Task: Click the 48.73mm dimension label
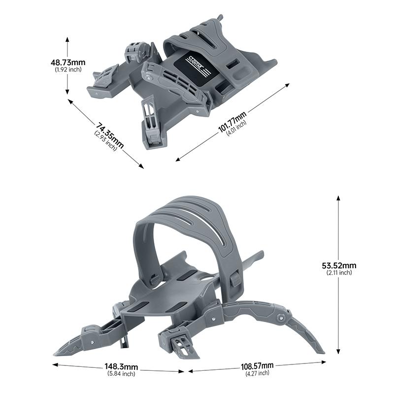(x=68, y=63)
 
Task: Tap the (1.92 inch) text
(x=68, y=69)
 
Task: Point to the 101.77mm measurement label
(x=232, y=123)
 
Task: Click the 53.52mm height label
(x=339, y=265)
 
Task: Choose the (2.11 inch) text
(x=339, y=272)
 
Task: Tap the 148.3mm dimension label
(x=121, y=367)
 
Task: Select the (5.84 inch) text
(x=121, y=374)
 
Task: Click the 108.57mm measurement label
(x=257, y=366)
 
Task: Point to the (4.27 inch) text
(x=257, y=373)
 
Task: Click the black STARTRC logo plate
(x=196, y=66)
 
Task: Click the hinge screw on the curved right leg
(x=281, y=318)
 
